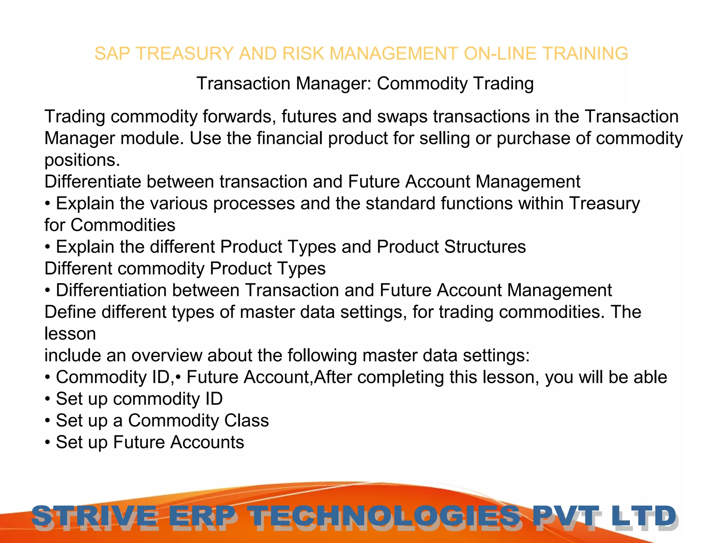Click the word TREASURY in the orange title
(x=185, y=54)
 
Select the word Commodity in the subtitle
(x=422, y=84)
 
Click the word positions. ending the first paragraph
(x=82, y=160)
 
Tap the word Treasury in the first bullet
(x=605, y=204)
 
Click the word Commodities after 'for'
(x=123, y=225)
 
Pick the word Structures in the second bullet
(x=485, y=247)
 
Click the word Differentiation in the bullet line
(x=111, y=290)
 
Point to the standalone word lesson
(x=70, y=334)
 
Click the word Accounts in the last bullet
(x=207, y=442)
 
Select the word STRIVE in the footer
(x=94, y=516)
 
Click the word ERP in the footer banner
(x=202, y=516)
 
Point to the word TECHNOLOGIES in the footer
(x=384, y=516)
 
